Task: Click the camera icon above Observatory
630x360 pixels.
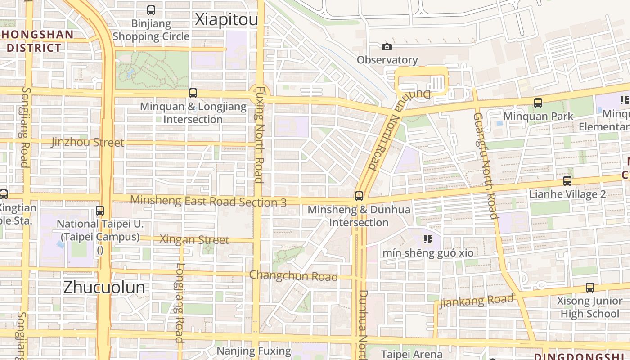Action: pyautogui.click(x=387, y=47)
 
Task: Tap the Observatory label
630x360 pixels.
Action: pyautogui.click(x=387, y=60)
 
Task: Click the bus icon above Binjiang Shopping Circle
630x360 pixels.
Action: pyautogui.click(x=151, y=10)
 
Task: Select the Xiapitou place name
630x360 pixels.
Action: pyautogui.click(x=226, y=20)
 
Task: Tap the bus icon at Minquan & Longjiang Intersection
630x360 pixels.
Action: pyautogui.click(x=193, y=93)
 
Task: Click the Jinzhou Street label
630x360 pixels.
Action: pyautogui.click(x=88, y=143)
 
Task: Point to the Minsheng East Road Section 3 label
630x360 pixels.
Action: pyautogui.click(x=208, y=201)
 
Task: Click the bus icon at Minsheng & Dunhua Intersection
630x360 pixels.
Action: pyautogui.click(x=359, y=196)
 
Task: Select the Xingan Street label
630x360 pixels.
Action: pyautogui.click(x=194, y=240)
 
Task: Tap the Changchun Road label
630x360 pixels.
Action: pyautogui.click(x=293, y=275)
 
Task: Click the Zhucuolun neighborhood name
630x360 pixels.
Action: pyautogui.click(x=104, y=287)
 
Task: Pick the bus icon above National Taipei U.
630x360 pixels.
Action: pyautogui.click(x=100, y=210)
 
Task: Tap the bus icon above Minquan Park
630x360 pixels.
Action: pyautogui.click(x=538, y=103)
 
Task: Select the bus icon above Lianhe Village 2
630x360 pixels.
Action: pyautogui.click(x=567, y=181)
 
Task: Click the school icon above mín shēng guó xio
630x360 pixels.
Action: pyautogui.click(x=427, y=239)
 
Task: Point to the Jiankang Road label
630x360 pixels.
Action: pyautogui.click(x=477, y=301)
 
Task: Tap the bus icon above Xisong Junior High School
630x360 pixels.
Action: pyautogui.click(x=589, y=287)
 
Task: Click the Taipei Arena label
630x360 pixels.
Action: pyautogui.click(x=412, y=354)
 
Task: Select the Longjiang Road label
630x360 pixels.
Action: pyautogui.click(x=180, y=303)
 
